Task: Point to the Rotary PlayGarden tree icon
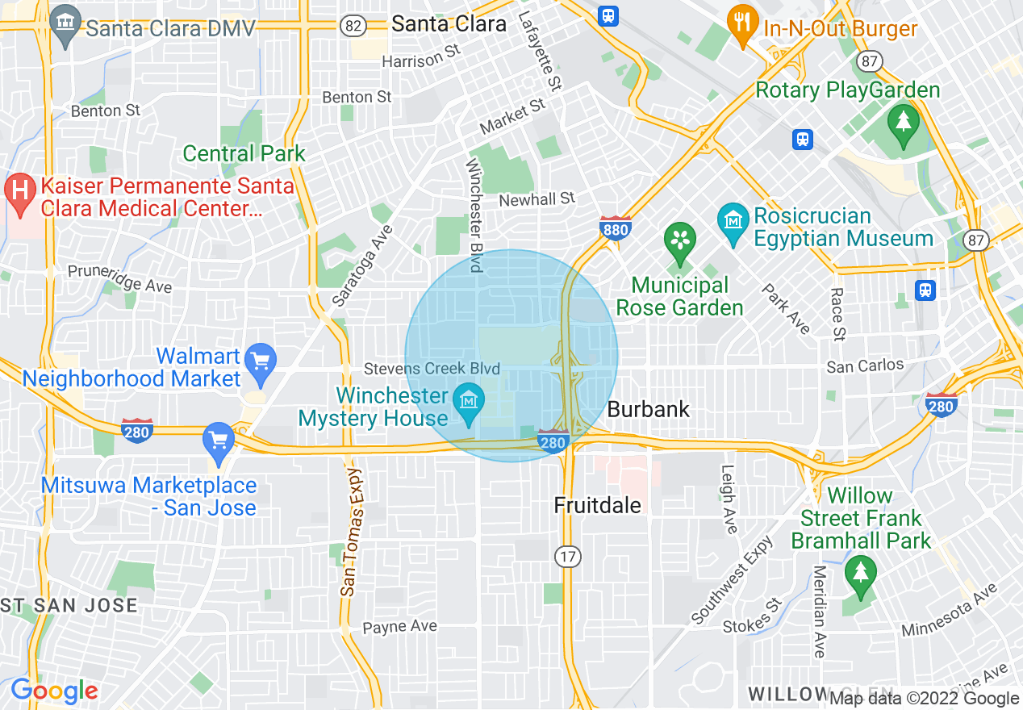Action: [x=903, y=123]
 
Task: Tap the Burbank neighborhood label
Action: [x=649, y=409]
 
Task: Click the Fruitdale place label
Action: [x=598, y=506]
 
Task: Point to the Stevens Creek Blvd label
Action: [x=432, y=369]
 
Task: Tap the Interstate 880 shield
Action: [x=615, y=228]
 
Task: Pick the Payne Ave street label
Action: [x=399, y=627]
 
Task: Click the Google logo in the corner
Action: [x=54, y=691]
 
